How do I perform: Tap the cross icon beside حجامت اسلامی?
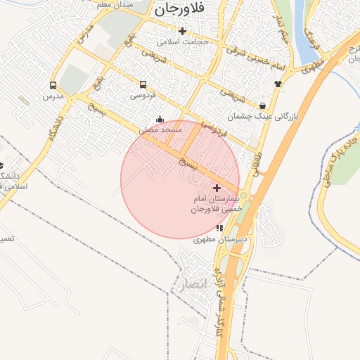(183, 31)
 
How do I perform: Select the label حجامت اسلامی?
(183, 41)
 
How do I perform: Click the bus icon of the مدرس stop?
(53, 84)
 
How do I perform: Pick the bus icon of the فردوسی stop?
(143, 84)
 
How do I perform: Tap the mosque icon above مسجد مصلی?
(160, 120)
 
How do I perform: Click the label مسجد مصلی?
(161, 130)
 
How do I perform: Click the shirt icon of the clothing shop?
(278, 83)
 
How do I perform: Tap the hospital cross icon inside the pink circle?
(217, 188)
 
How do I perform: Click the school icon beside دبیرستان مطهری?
(220, 228)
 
